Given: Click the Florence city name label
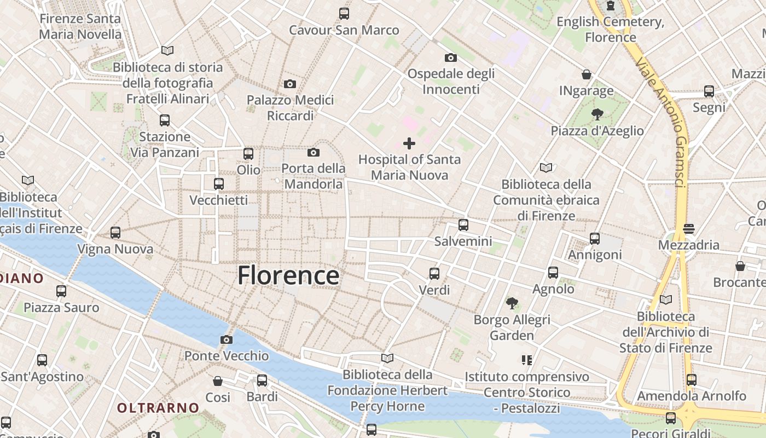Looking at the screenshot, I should tap(288, 275).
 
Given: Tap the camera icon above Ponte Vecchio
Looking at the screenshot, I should tap(226, 340).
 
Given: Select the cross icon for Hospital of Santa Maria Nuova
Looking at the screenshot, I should tap(409, 143).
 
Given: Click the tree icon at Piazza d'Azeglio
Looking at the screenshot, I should tap(597, 114).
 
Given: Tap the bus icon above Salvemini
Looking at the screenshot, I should tap(463, 225).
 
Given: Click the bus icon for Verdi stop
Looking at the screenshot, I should tap(434, 274).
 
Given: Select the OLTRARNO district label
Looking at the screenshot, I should tap(158, 408).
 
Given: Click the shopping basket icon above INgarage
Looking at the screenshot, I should tap(587, 74).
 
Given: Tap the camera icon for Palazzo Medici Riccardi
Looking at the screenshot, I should tap(290, 84).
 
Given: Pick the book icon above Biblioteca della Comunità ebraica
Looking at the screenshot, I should tap(546, 168).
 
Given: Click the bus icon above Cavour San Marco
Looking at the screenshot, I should tap(344, 14).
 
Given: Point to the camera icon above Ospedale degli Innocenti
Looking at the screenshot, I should tap(451, 57).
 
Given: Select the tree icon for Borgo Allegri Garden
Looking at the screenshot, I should tap(512, 303).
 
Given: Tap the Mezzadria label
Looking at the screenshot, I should tap(688, 245).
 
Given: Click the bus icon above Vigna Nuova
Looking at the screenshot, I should tap(115, 233).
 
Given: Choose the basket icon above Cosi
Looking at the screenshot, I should tap(218, 381).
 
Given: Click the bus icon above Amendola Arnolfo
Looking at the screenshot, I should tap(692, 379).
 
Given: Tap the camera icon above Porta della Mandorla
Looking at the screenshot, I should tap(314, 152).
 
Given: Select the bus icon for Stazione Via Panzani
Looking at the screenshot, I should tap(165, 120).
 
